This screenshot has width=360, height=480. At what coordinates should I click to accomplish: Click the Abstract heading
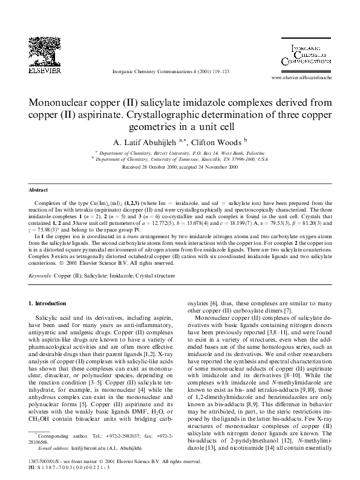(x=38, y=189)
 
